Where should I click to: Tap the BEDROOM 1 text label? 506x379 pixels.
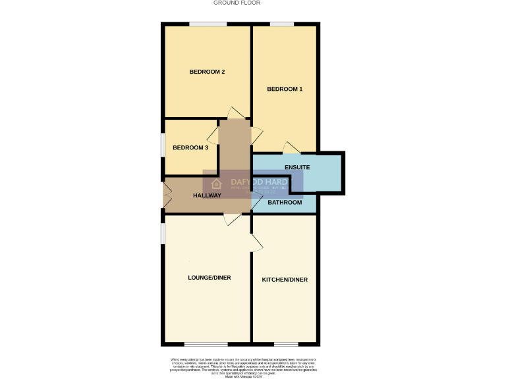(285, 89)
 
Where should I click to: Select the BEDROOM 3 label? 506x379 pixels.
(190, 148)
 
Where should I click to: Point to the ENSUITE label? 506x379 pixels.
(297, 168)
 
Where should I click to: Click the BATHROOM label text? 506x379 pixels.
(285, 203)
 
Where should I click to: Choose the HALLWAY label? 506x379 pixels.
(207, 196)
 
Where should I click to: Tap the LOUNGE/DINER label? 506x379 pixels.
(209, 278)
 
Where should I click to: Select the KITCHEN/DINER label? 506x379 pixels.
(285, 280)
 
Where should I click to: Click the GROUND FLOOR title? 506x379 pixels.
(237, 3)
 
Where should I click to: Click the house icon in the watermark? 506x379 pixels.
(215, 184)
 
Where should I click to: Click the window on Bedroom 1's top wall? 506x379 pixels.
(281, 25)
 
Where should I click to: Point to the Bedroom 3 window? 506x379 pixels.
(163, 145)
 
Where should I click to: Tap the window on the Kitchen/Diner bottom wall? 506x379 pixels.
(285, 344)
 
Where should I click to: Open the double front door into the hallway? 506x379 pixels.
(167, 195)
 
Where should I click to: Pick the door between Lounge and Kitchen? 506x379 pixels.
(256, 243)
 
